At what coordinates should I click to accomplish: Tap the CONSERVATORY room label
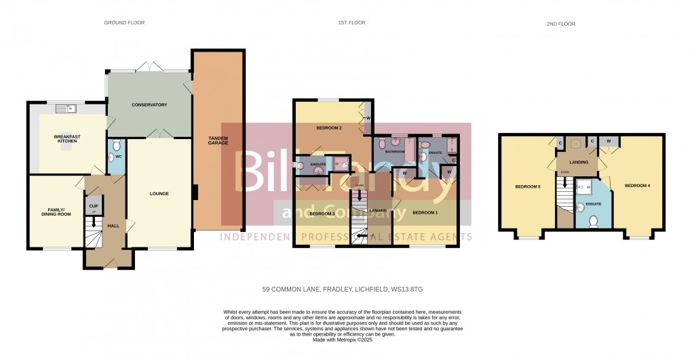tap(149, 105)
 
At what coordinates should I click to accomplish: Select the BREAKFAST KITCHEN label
tap(67, 138)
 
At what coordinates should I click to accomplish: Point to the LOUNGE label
tap(159, 194)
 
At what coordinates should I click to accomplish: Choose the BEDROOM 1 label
tap(425, 212)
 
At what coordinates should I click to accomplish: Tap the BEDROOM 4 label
tap(638, 185)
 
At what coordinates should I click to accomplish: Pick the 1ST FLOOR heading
tap(351, 23)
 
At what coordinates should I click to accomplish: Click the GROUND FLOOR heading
tap(124, 23)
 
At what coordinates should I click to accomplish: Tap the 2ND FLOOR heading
tap(560, 24)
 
